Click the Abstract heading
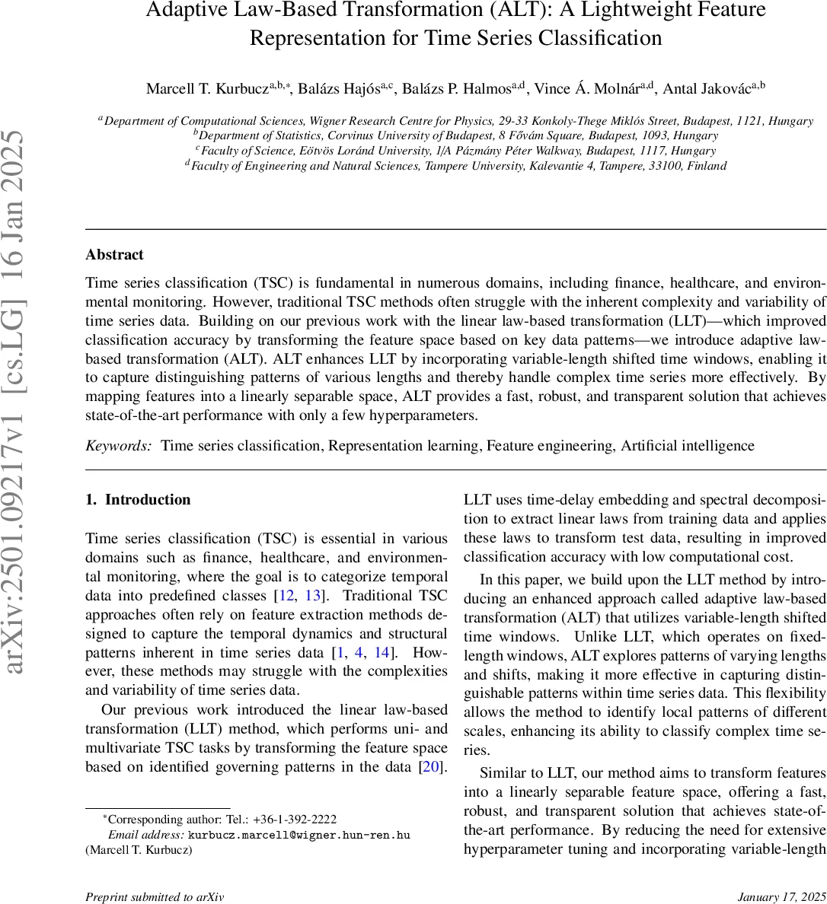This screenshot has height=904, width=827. click(114, 255)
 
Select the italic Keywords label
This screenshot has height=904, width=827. click(119, 446)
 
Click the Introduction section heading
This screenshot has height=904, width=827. click(148, 500)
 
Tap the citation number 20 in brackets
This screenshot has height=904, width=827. click(431, 766)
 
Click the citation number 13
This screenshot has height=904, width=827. click(313, 595)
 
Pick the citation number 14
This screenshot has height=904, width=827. click(382, 652)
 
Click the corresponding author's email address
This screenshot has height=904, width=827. click(299, 835)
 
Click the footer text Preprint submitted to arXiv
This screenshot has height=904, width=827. click(155, 897)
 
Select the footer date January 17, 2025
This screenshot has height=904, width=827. click(781, 897)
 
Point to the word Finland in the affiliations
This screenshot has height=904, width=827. click(707, 166)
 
